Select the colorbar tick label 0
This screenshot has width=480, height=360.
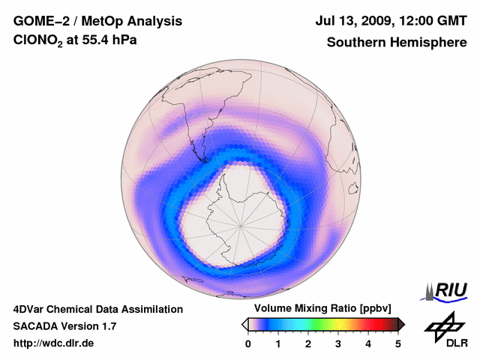248,343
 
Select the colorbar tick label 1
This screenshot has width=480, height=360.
278,343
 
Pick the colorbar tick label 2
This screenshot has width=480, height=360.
308,343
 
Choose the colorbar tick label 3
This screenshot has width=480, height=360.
338,343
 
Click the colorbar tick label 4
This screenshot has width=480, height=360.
368,343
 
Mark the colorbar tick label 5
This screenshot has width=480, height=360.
398,343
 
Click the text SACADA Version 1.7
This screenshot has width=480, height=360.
64,326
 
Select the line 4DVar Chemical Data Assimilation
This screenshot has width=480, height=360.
98,309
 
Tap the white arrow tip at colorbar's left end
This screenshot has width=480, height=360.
244,324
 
